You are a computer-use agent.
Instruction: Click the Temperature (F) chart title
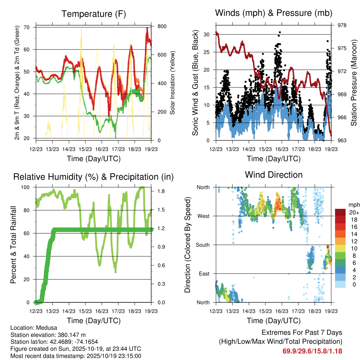pos(94,14)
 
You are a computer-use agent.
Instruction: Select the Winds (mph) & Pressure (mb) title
pos(274,13)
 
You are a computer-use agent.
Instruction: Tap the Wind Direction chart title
pos(274,175)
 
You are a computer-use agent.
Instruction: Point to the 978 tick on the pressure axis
pos(342,25)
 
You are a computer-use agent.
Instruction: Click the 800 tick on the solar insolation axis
pos(162,26)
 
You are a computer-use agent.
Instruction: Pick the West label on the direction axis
pos(203,216)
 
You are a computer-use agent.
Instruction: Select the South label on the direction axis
pos(202,245)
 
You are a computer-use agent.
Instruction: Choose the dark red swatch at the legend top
pos(340,212)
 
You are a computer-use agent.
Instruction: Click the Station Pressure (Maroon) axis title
pos(354,83)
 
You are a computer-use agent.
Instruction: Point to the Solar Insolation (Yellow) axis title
pos(173,83)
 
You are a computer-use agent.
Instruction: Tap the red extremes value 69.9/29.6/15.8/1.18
pos(312,351)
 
